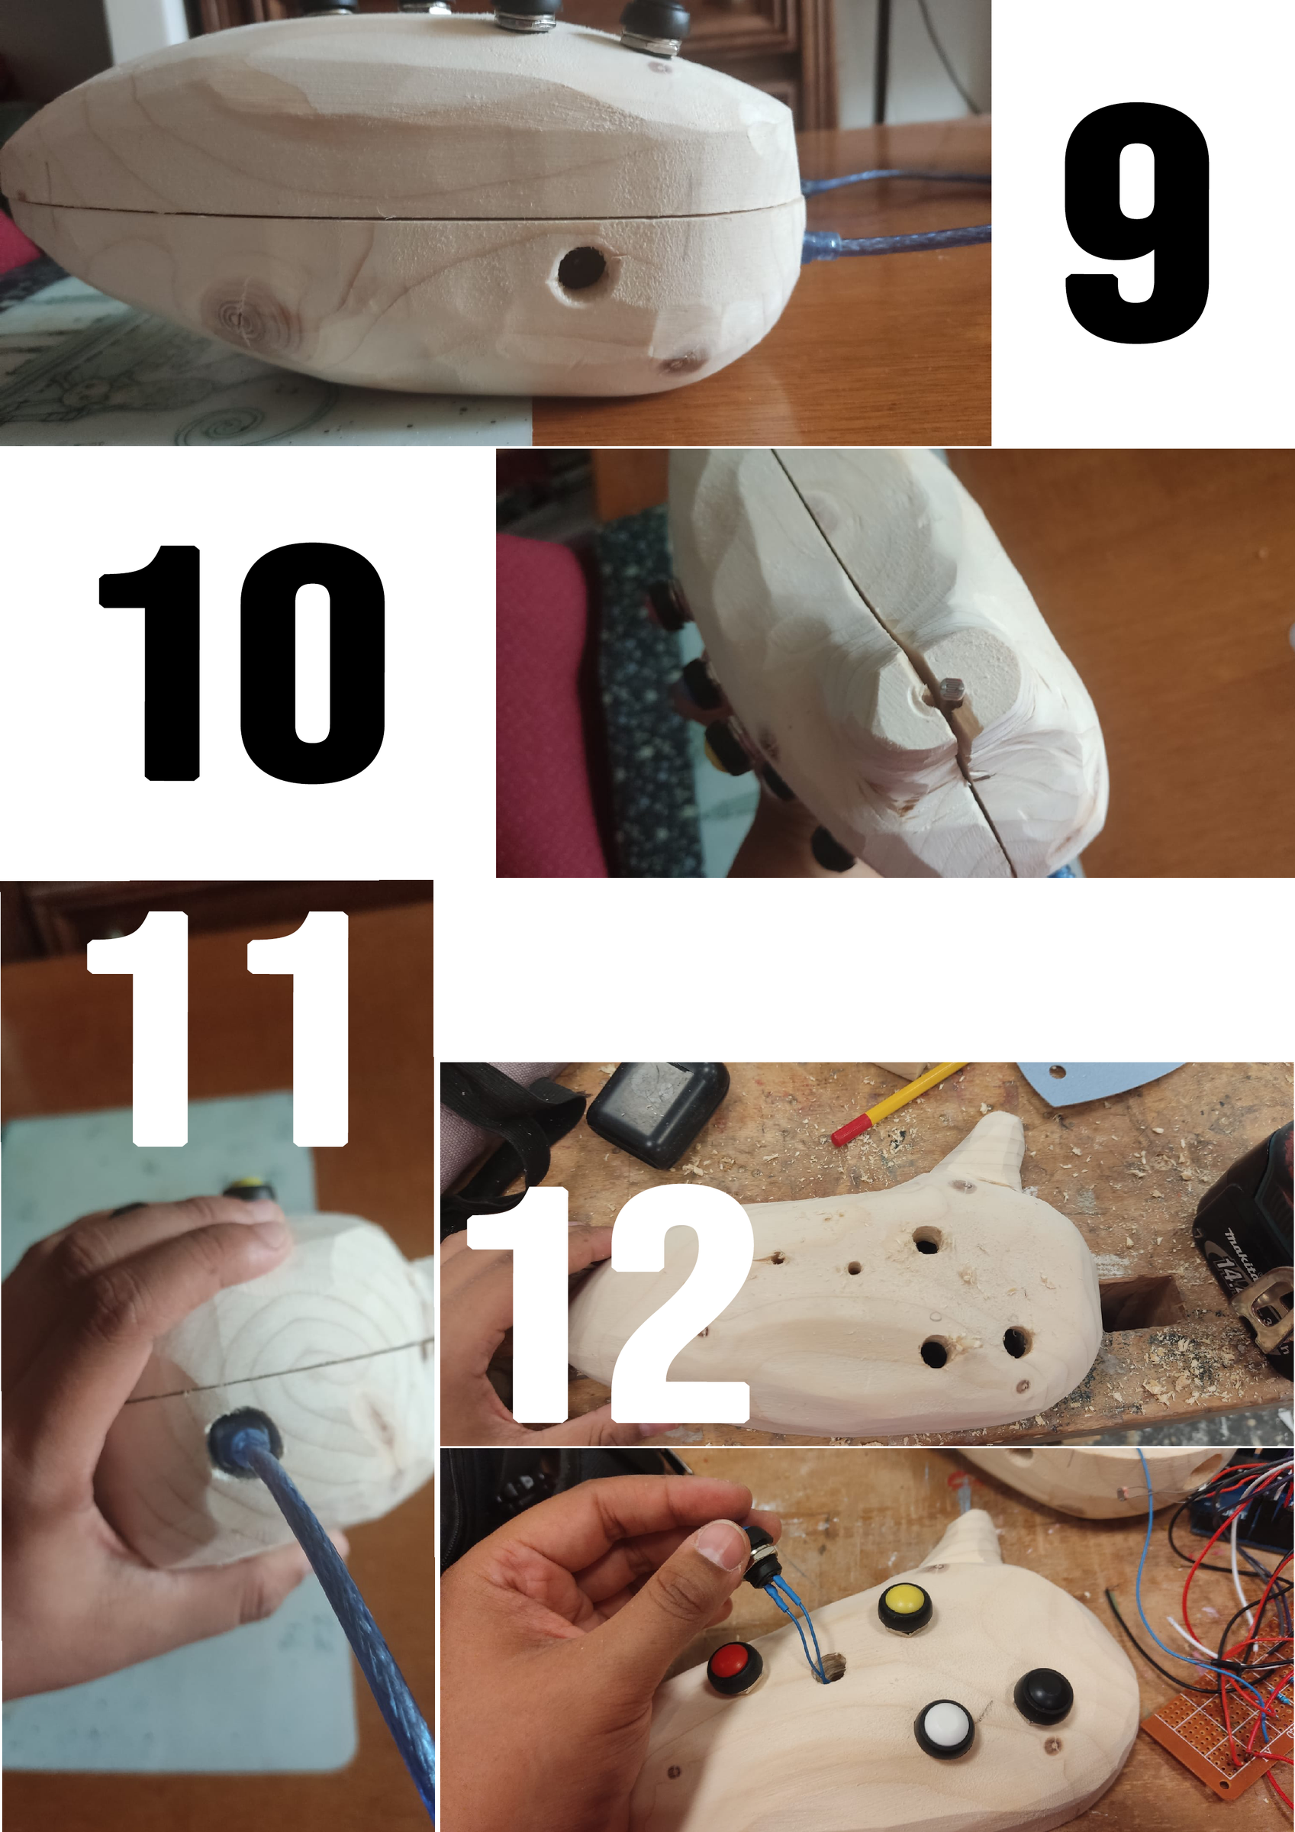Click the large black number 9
tap(1137, 224)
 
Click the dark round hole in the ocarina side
tap(580, 269)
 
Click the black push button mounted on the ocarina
tap(1043, 1694)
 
